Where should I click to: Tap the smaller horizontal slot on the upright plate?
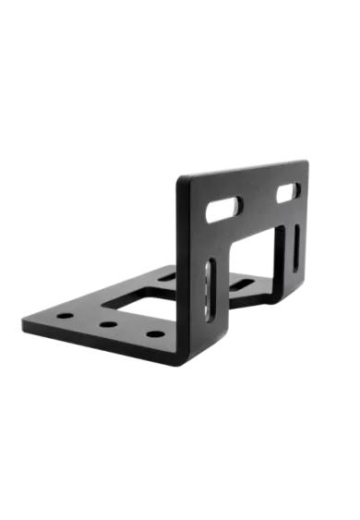click(288, 192)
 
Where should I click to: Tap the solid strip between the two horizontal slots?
click(258, 200)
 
